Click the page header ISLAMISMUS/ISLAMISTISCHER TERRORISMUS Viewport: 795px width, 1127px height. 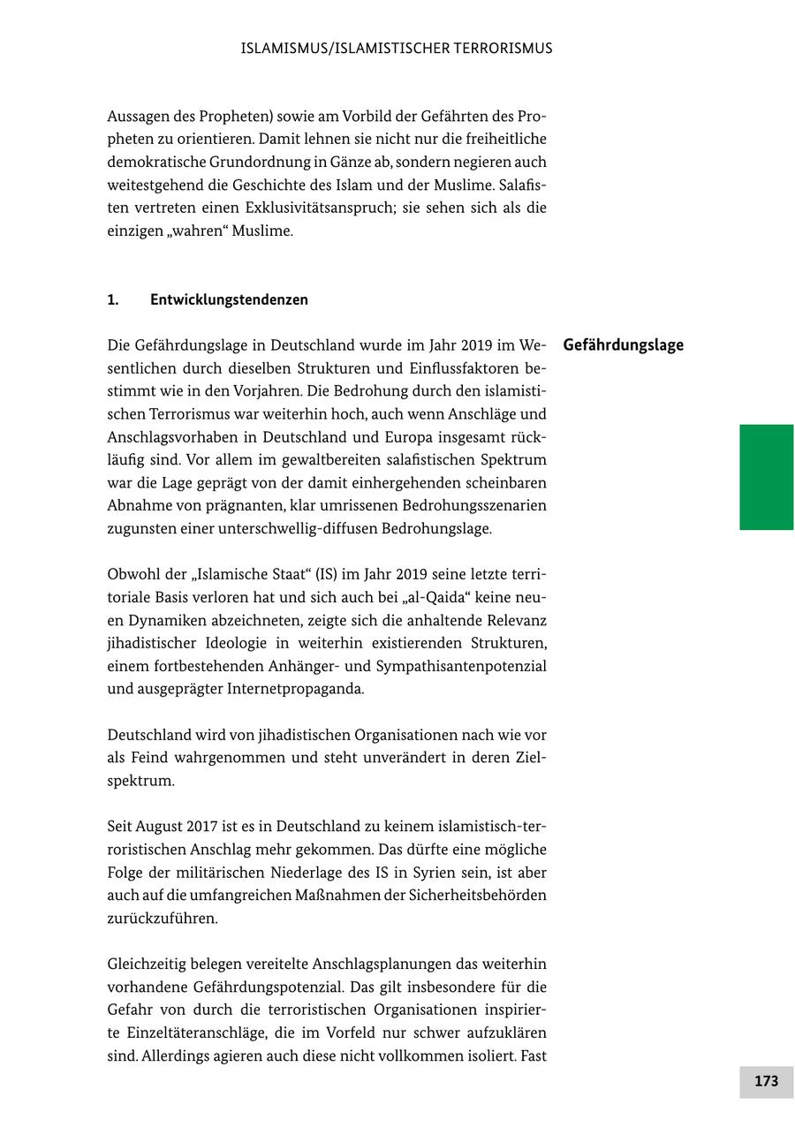[397, 49]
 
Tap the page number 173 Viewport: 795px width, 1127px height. [766, 1081]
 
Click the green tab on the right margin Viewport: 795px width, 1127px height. [766, 477]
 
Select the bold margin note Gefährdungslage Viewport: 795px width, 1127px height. [623, 345]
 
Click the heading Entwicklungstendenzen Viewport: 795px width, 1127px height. [229, 299]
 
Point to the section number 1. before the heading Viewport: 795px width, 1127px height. [113, 299]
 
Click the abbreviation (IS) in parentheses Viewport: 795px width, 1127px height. [325, 574]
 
